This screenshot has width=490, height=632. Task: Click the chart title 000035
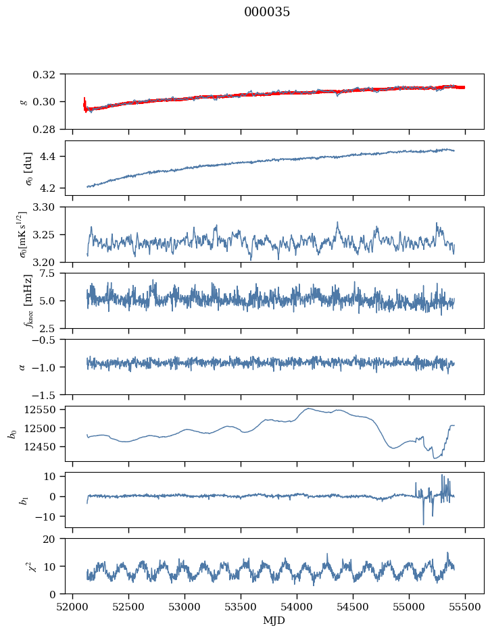click(266, 12)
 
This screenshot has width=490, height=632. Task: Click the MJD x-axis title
click(274, 620)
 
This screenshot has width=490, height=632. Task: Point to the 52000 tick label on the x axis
click(72, 607)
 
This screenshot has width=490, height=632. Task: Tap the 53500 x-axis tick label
click(241, 607)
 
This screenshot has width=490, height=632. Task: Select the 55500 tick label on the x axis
click(465, 607)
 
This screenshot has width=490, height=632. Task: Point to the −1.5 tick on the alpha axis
click(47, 394)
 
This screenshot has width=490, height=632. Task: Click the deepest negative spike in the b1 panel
click(424, 524)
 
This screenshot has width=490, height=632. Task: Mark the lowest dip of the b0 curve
click(435, 458)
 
